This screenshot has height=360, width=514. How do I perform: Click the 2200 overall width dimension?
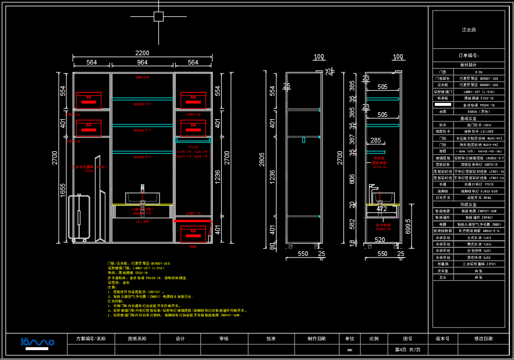[x=142, y=53]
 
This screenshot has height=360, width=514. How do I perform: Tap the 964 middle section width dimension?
[x=142, y=63]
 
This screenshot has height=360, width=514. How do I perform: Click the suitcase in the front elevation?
[x=79, y=218]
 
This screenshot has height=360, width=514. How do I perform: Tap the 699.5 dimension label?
[x=408, y=227]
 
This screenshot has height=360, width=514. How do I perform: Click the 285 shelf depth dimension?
[x=375, y=141]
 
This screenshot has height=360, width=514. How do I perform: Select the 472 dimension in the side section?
[x=381, y=209]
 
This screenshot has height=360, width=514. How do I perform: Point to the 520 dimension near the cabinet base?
[x=379, y=240]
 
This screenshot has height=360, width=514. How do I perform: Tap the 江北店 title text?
[x=469, y=30]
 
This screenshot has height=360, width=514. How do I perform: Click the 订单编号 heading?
[x=469, y=56]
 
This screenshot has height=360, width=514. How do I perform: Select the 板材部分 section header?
[x=469, y=65]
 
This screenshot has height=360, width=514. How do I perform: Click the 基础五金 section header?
[x=469, y=118]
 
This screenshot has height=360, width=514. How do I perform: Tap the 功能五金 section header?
[x=469, y=205]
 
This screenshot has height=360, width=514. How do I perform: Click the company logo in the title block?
[x=37, y=343]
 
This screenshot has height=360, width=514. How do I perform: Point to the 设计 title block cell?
[x=180, y=338]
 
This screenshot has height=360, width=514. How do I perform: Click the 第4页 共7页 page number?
[x=407, y=350]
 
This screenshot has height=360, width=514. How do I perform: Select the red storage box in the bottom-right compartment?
[x=193, y=233]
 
